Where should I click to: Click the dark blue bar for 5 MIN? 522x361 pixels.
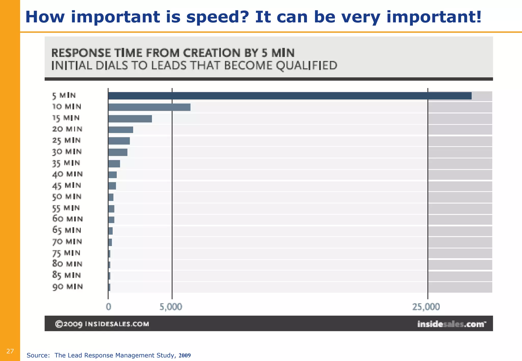(x=290, y=96)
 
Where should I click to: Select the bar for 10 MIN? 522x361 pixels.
(x=149, y=107)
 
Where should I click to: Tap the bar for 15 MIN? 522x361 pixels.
(x=130, y=119)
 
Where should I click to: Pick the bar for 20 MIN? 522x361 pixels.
(x=121, y=130)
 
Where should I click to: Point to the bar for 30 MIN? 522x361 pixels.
(x=118, y=152)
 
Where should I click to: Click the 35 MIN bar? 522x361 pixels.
(x=114, y=164)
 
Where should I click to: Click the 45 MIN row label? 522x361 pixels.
(x=67, y=186)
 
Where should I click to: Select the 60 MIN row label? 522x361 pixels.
(x=68, y=219)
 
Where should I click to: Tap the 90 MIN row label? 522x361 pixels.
(x=68, y=287)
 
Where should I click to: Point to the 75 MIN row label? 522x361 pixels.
(x=66, y=253)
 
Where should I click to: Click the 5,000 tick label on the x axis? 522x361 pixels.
(x=171, y=307)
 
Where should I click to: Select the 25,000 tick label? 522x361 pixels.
(x=426, y=307)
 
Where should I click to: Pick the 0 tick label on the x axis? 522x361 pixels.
(x=109, y=307)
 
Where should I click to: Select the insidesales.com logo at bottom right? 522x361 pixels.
(x=451, y=324)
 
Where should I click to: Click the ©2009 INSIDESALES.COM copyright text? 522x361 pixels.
(x=102, y=324)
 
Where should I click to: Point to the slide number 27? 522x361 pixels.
(x=10, y=351)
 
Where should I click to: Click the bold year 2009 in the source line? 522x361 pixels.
(x=185, y=355)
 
